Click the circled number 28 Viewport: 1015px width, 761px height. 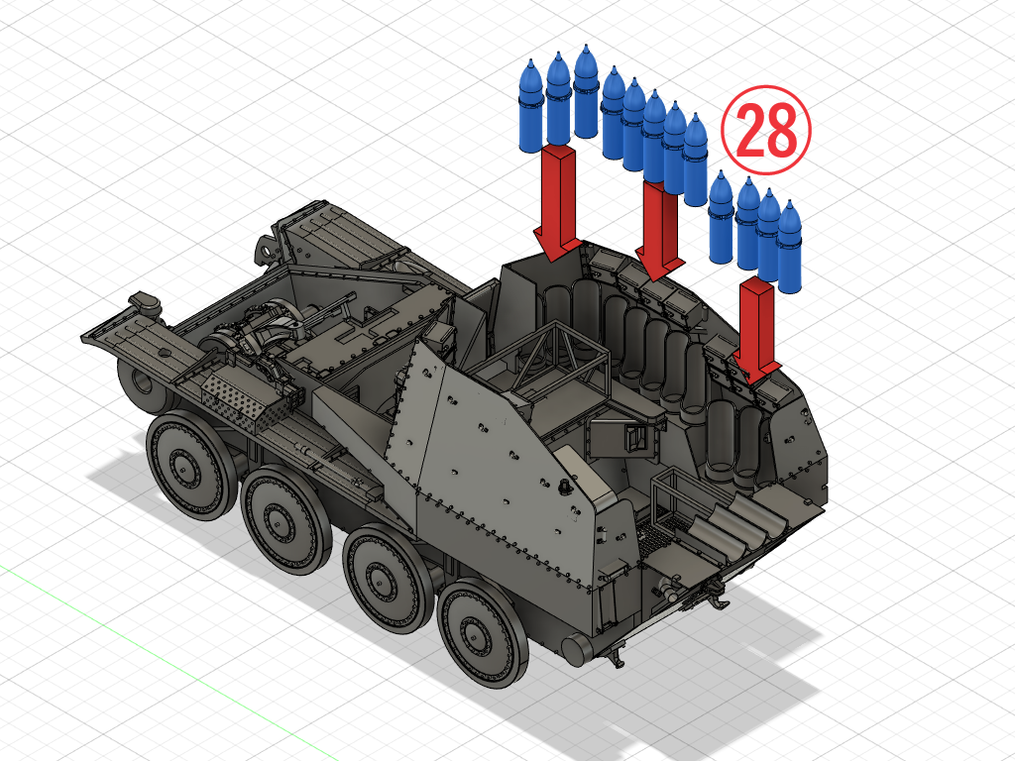pos(766,130)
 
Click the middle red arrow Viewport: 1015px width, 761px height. pos(660,230)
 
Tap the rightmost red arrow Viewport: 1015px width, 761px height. pos(756,330)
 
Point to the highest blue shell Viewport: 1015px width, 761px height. pos(585,90)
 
